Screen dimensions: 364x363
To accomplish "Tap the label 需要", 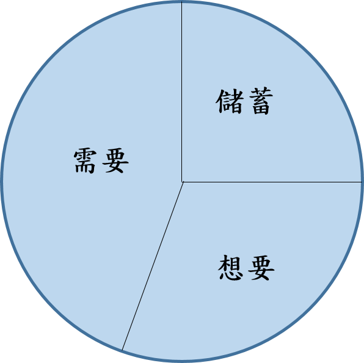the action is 101,160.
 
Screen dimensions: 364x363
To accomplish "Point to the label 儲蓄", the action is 244,101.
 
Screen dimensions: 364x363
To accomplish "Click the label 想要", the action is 246,267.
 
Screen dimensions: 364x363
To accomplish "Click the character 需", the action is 85,160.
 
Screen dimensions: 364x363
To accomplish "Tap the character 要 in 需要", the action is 115,160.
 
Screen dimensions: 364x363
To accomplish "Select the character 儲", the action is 230,101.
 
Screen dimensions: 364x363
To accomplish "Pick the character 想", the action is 230,267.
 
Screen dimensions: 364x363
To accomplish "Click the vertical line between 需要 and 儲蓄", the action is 182,92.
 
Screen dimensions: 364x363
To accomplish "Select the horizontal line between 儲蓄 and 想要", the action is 272,182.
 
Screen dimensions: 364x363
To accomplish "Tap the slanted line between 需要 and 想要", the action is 153,266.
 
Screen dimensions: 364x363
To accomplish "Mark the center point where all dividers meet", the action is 182,182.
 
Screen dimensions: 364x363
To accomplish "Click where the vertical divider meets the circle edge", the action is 182,2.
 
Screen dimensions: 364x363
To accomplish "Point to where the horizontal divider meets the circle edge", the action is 362,182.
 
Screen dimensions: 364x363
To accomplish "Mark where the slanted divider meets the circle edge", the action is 122,350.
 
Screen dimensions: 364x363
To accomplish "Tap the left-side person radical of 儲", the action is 220,101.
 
